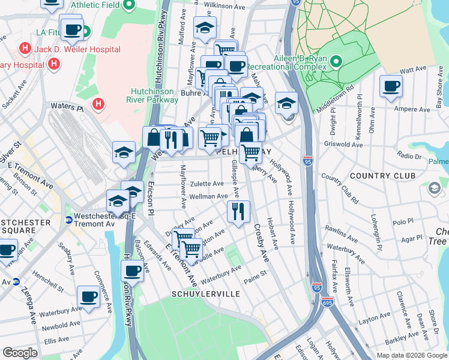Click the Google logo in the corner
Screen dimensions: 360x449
(x=20, y=352)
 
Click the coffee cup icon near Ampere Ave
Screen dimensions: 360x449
(x=391, y=86)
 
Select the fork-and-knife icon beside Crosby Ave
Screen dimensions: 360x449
(x=238, y=211)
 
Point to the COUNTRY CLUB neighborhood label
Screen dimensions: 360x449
(x=382, y=176)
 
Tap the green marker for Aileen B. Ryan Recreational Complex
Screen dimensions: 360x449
(x=336, y=61)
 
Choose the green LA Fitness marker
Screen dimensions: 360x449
(x=86, y=31)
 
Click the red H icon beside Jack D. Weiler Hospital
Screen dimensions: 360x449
(x=25, y=47)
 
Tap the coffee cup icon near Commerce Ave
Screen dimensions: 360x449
(x=89, y=296)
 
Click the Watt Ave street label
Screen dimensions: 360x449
(x=414, y=70)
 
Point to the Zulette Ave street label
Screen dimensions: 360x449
(x=207, y=184)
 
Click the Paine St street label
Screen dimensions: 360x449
(x=255, y=280)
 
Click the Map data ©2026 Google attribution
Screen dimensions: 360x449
(x=411, y=355)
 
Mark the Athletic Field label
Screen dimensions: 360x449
(x=94, y=5)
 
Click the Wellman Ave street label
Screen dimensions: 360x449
(x=208, y=196)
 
